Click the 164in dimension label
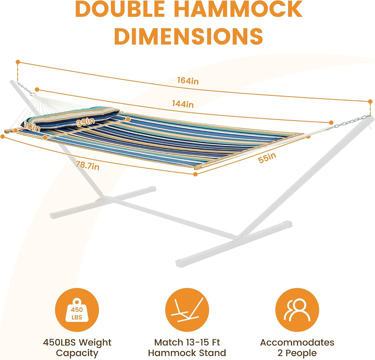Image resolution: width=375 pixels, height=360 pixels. click(188, 81)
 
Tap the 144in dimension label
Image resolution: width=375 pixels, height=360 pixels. click(183, 104)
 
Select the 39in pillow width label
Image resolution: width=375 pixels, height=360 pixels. click(85, 122)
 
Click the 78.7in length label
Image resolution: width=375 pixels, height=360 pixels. click(87, 165)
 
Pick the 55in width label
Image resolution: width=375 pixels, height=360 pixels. click(267, 157)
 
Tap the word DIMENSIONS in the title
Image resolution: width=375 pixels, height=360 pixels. click(189, 36)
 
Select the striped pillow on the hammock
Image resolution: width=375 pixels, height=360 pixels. click(70, 117)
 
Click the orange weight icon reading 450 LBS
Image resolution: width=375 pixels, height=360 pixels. click(77, 310)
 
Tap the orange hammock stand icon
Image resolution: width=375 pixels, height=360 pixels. click(187, 310)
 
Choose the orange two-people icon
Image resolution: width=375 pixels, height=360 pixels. click(297, 310)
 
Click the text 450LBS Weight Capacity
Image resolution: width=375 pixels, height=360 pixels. click(77, 348)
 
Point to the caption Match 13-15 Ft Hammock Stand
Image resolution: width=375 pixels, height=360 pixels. click(187, 348)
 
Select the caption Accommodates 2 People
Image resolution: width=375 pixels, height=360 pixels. click(297, 348)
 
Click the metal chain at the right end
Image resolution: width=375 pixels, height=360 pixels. click(349, 122)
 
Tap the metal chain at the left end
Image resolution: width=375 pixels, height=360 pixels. click(26, 89)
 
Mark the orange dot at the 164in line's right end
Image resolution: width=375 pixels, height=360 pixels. click(370, 101)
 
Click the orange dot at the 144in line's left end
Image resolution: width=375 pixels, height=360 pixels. click(37, 90)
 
